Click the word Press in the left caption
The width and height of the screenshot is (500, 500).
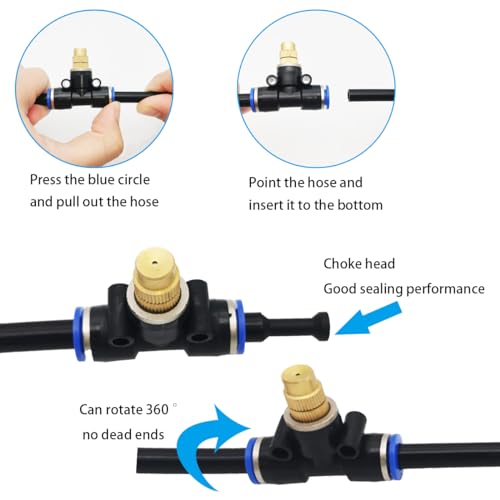tap(45, 182)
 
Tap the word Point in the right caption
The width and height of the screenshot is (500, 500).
tap(266, 183)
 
